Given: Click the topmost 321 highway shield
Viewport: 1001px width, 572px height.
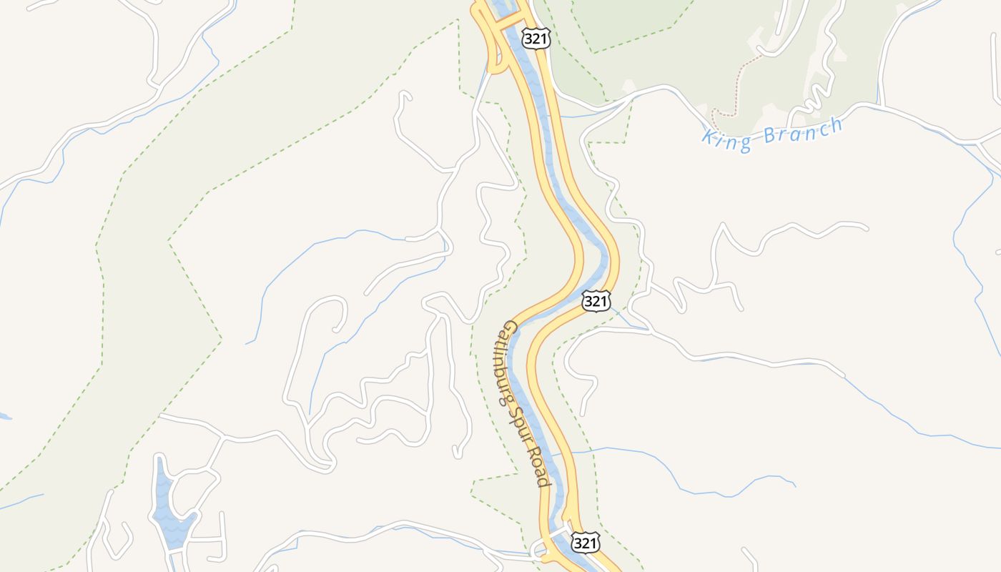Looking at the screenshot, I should click(536, 39).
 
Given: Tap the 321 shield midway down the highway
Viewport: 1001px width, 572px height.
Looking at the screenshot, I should click(596, 301).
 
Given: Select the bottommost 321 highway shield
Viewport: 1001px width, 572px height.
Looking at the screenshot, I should click(585, 543).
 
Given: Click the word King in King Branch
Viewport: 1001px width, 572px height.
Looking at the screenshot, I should click(726, 139).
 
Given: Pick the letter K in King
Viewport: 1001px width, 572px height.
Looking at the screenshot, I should click(708, 137).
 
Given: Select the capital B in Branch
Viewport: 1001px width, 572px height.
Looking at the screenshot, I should click(769, 135).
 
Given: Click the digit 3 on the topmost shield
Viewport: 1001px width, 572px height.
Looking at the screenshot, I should click(530, 39).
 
